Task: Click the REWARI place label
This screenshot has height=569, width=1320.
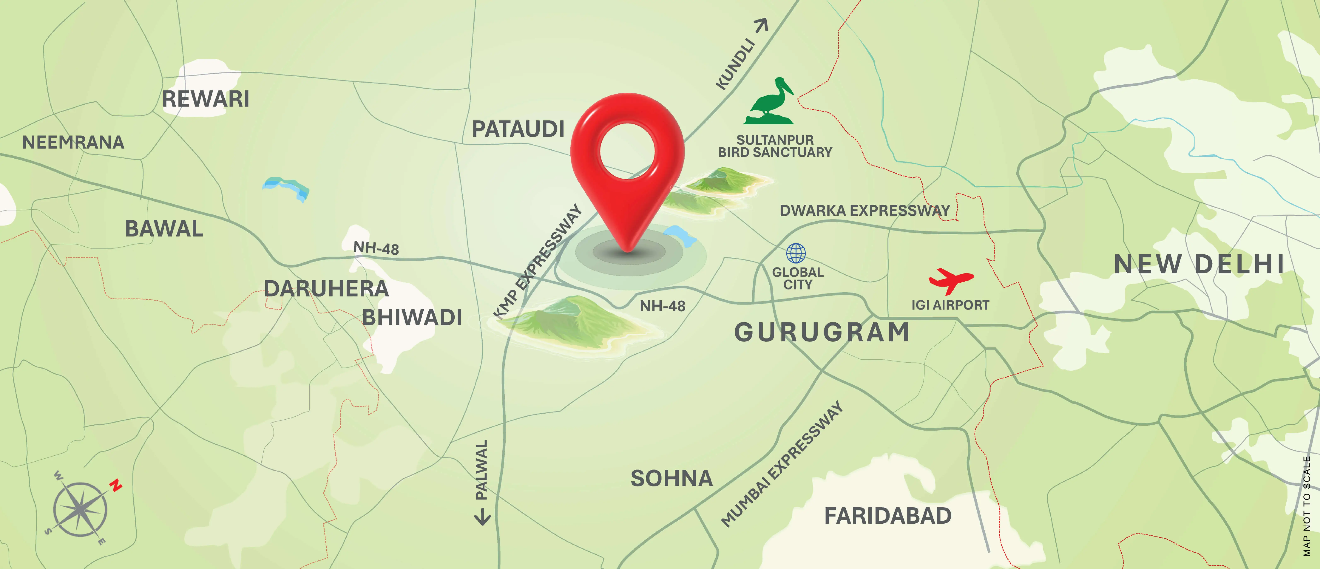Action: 205,99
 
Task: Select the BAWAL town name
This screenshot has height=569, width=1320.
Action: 164,229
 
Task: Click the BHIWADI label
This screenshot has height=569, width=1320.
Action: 412,318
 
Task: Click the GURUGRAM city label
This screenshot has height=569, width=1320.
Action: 822,332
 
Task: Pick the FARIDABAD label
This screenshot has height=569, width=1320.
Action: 887,516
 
